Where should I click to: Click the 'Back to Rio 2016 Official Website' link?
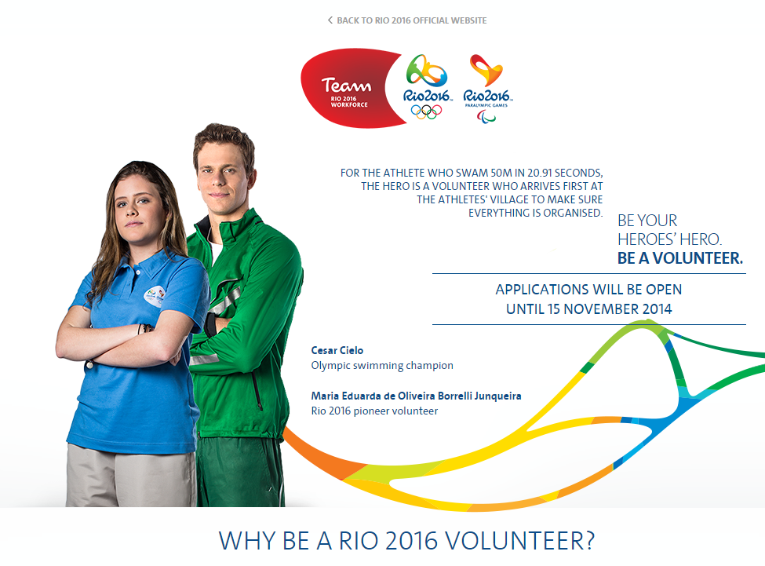point(407,20)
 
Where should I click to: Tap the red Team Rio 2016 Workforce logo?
point(349,89)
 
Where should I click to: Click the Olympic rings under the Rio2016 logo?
point(426,111)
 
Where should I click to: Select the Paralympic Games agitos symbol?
point(486,116)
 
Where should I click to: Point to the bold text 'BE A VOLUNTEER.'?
point(680,258)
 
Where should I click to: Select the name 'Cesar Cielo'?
point(337,350)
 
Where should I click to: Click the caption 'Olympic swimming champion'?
point(382,366)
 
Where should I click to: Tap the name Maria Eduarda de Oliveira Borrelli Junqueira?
point(416,396)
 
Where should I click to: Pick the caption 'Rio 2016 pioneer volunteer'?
point(374,411)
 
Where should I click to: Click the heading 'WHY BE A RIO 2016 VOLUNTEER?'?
point(407,541)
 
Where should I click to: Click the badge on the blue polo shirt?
point(154,294)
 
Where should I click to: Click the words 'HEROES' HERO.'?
point(669,239)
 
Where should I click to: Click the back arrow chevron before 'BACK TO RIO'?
point(330,20)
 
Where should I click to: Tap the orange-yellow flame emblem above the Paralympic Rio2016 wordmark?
point(486,71)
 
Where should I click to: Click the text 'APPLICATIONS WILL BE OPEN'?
point(589,290)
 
